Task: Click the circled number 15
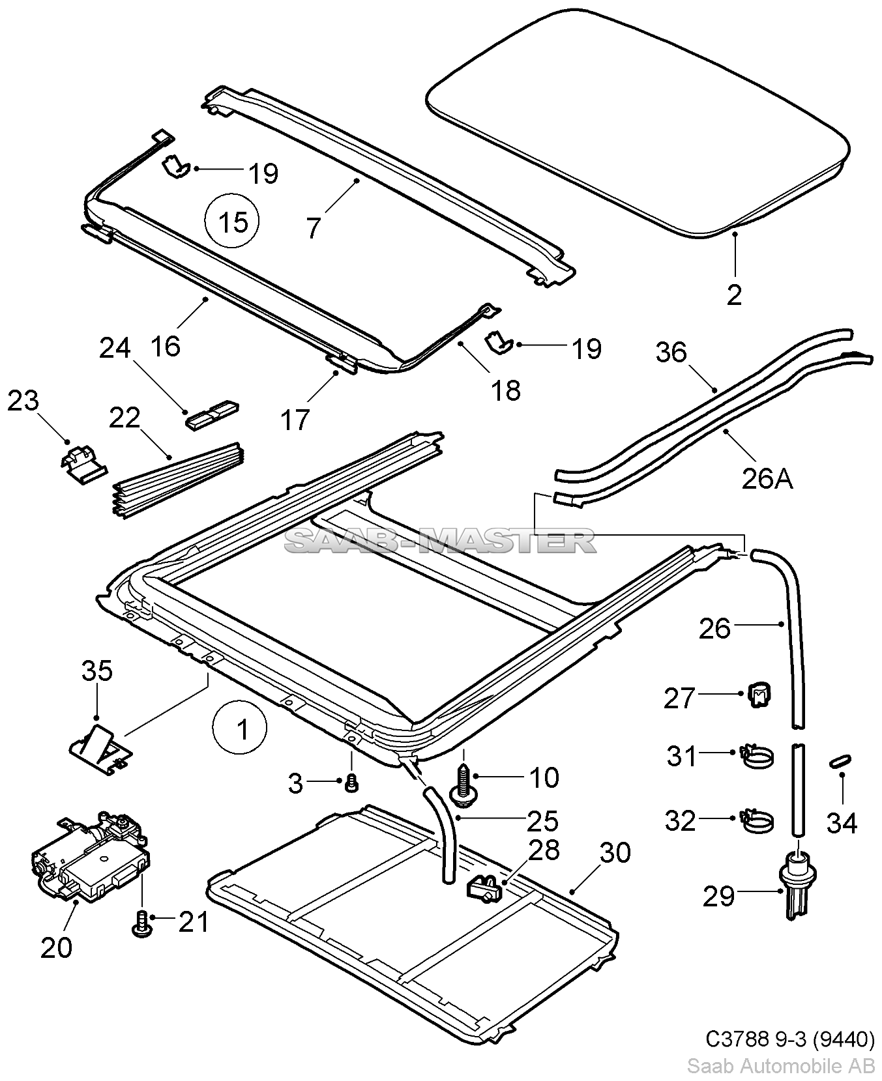pos(233,222)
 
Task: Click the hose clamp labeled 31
pos(756,756)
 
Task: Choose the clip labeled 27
pos(757,697)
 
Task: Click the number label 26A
pos(767,480)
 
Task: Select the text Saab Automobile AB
pos(780,1066)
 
